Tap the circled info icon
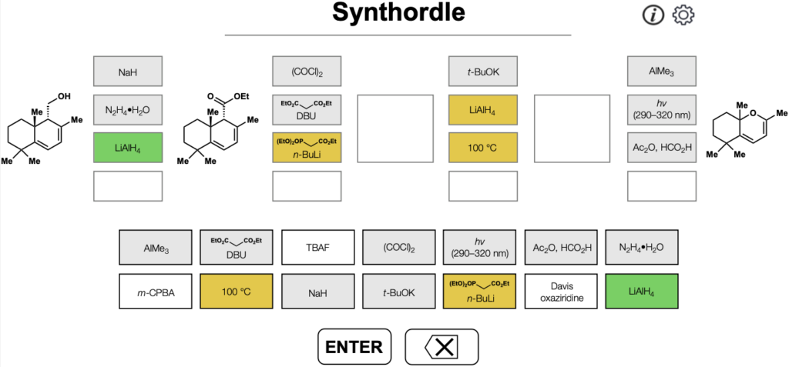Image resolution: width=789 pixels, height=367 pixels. point(653,15)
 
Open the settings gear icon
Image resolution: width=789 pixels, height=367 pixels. point(683,15)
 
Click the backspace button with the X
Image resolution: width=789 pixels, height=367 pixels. point(442,346)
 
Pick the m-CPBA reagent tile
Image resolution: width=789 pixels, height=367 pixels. point(156,292)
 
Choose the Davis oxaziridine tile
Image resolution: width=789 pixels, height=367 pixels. point(561,292)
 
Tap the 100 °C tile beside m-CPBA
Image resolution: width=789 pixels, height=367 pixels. point(237,292)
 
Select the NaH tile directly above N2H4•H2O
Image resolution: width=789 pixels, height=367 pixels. point(128,72)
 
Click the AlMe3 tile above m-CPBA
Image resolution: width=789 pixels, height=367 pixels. point(156,248)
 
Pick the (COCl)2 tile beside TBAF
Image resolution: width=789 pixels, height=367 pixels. point(398,248)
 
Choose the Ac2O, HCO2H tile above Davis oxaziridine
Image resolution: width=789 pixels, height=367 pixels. point(561,248)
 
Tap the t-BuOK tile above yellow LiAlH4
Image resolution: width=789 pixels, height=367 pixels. point(483,72)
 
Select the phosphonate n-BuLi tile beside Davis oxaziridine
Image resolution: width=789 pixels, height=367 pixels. point(479,292)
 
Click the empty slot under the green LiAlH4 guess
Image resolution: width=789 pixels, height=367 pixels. point(128,186)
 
